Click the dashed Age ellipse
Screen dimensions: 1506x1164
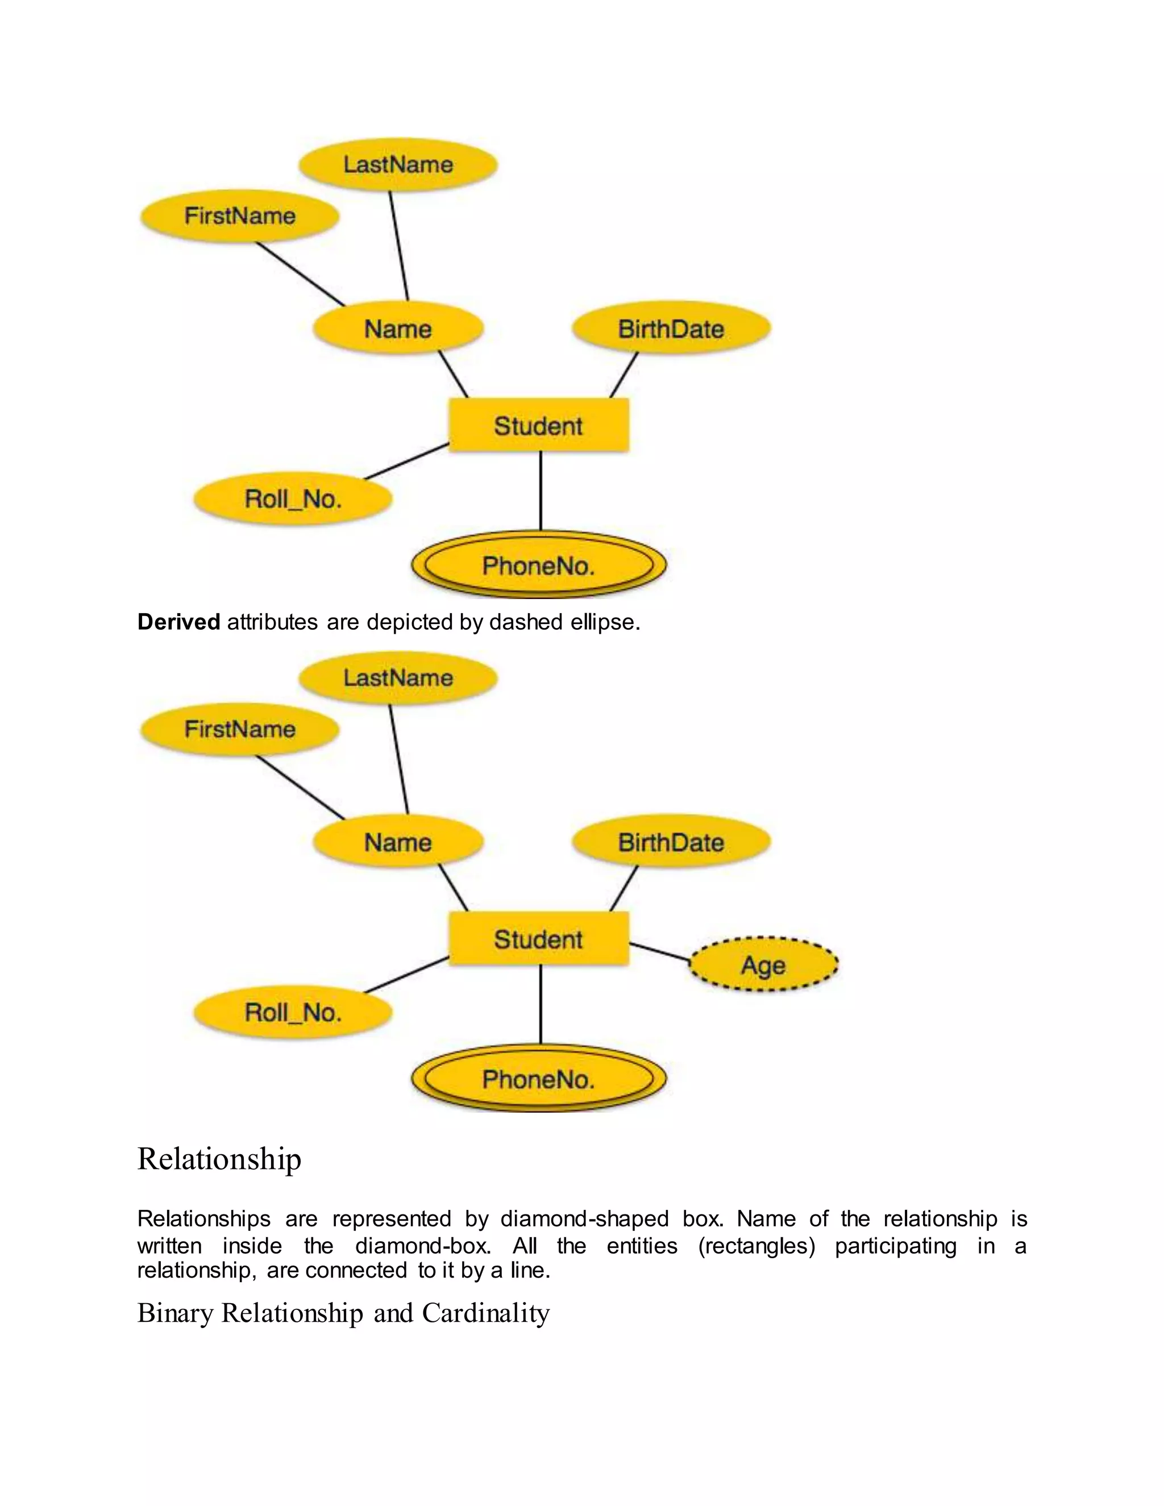click(x=763, y=964)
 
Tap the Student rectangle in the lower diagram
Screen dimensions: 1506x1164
click(x=539, y=938)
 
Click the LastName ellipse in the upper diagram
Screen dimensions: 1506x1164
click(x=398, y=164)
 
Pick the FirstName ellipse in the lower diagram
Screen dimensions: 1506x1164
click(x=239, y=729)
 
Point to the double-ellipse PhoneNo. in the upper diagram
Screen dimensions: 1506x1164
click(x=539, y=565)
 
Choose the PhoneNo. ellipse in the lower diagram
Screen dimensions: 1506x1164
click(x=539, y=1079)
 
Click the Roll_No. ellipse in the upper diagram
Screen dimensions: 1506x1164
click(x=293, y=498)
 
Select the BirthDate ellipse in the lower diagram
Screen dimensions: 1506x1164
click(x=671, y=842)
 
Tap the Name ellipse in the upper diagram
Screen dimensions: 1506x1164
click(x=398, y=328)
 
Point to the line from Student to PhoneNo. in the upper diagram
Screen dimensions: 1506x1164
click(x=541, y=490)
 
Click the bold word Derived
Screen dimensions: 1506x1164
click(x=178, y=622)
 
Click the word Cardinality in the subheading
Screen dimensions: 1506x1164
click(x=485, y=1313)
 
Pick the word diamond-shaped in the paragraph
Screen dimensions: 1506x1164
click(x=584, y=1218)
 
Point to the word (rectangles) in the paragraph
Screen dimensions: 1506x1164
click(x=756, y=1246)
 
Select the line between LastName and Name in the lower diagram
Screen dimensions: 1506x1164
click(x=398, y=759)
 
